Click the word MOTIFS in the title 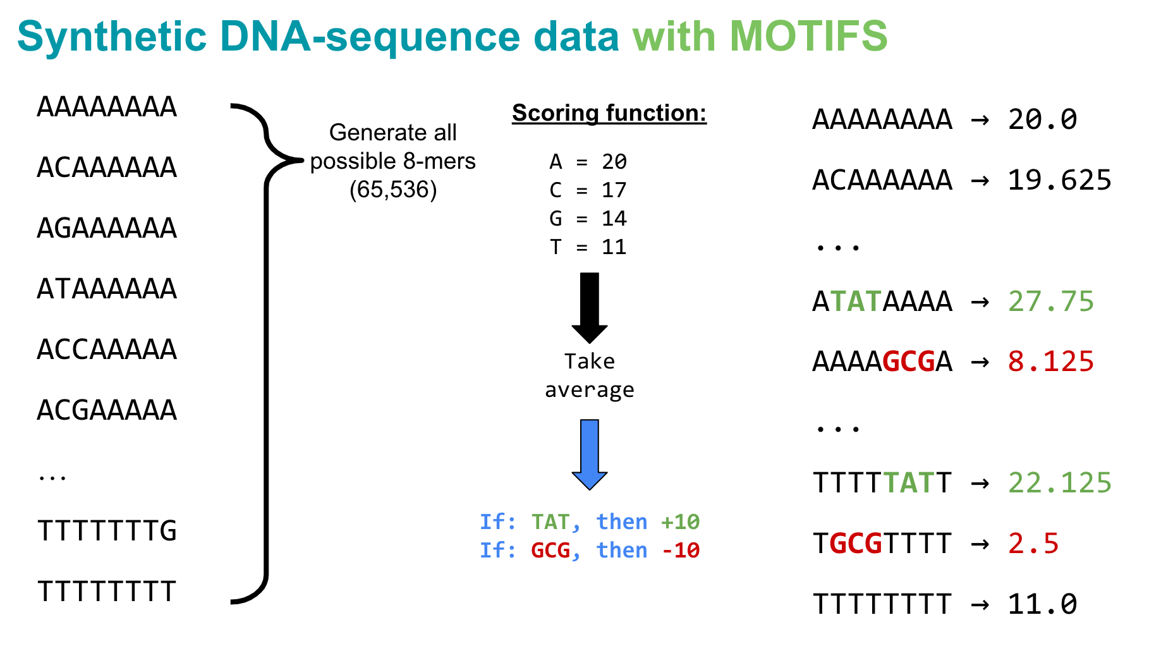(x=808, y=36)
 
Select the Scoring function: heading (x=609, y=113)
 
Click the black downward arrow (x=589, y=307)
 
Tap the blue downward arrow (x=589, y=454)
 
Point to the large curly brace (x=266, y=354)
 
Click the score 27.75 (x=1050, y=302)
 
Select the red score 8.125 (x=1050, y=362)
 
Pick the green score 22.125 (x=1059, y=483)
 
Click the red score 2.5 (x=1033, y=544)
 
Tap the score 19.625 (x=1059, y=180)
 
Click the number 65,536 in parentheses (x=393, y=190)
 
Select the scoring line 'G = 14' (x=588, y=219)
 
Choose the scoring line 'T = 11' (x=588, y=247)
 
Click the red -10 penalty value (x=680, y=551)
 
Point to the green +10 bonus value (x=680, y=522)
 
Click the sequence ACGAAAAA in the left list (x=107, y=410)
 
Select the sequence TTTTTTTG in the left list (x=107, y=531)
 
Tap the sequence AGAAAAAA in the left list (x=107, y=228)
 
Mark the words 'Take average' (x=589, y=375)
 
